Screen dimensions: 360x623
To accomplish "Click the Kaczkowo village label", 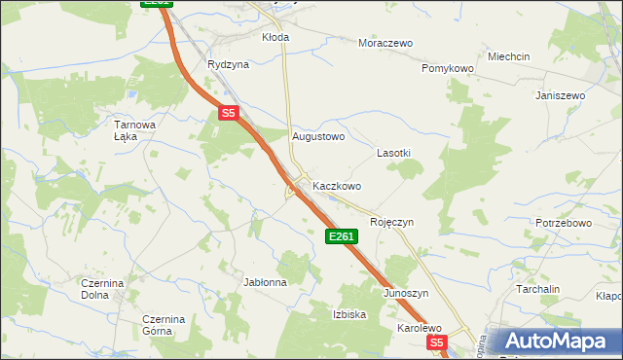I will coord(337,186).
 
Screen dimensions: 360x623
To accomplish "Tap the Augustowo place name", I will coord(319,137).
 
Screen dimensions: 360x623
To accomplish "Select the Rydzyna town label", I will coord(228,64).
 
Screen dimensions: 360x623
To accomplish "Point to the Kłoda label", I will coord(275,37).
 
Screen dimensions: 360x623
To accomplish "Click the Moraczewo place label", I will coord(385,44).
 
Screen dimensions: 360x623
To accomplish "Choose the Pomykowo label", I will coord(447,69).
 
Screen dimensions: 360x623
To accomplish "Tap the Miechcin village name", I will coord(509,57).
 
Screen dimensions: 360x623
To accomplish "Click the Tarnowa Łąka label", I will coord(135,130).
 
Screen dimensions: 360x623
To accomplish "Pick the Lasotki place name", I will coord(393,154).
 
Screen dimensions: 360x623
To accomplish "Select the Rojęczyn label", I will coord(391,222).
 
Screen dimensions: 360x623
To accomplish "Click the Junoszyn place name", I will coord(406,293).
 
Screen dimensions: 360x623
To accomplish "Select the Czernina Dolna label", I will coord(102,288).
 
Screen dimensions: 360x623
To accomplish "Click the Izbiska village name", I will coord(349,314).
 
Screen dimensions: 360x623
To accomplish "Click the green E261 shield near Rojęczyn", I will coord(342,236).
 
